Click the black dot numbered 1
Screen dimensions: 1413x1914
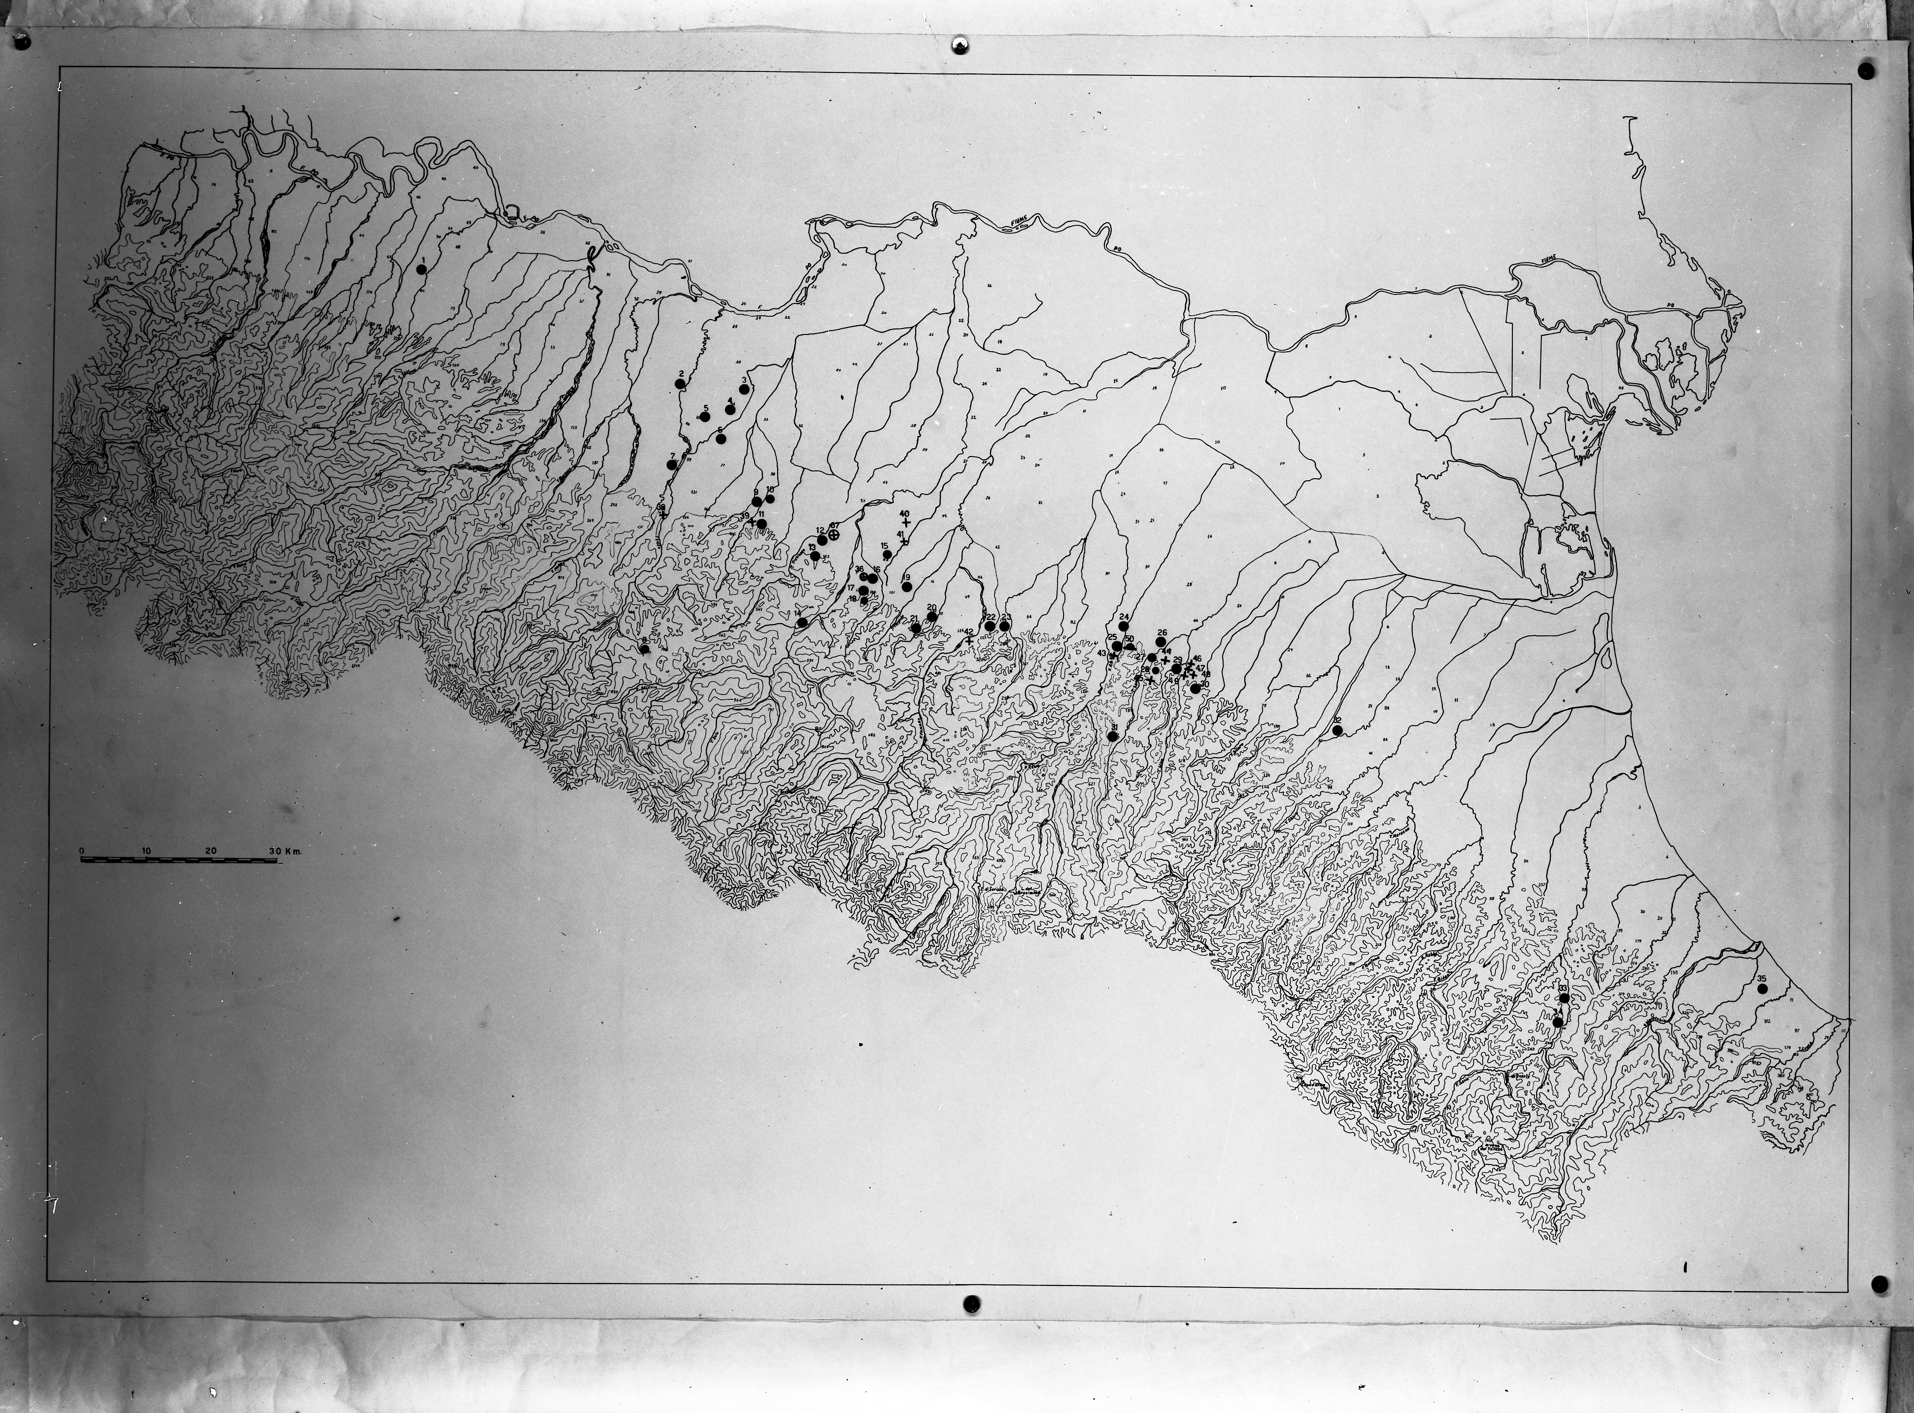point(421,268)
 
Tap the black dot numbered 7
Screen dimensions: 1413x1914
point(672,464)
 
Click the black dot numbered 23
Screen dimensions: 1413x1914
point(1004,626)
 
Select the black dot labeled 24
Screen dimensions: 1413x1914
point(1124,626)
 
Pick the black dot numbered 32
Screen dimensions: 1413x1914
point(1337,730)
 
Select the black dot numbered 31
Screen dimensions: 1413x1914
point(1112,736)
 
